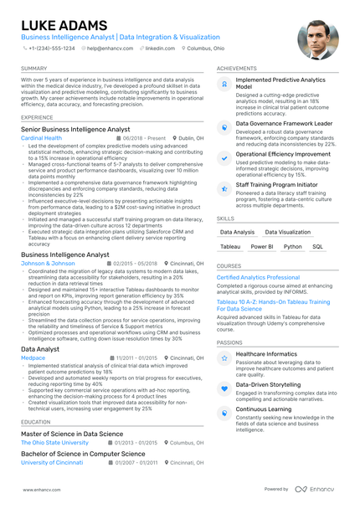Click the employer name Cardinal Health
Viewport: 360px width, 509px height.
coord(41,137)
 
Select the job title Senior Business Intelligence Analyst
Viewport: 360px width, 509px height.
coord(75,129)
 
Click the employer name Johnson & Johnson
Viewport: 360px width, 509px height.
coord(48,263)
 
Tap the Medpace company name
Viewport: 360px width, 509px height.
coord(33,357)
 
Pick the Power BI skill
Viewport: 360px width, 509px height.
coord(262,247)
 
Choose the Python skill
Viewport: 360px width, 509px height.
coord(293,247)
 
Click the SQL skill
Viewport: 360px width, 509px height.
coord(317,247)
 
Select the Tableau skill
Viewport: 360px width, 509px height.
coord(230,247)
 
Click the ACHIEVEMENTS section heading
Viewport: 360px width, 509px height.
coord(236,68)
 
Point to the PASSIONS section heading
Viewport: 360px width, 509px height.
coord(229,342)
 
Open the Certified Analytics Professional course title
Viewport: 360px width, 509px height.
coord(258,277)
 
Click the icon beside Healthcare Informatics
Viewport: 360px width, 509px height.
coord(224,357)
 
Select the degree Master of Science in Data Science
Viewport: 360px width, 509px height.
coord(72,434)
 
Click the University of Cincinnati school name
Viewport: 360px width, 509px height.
coord(52,462)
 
